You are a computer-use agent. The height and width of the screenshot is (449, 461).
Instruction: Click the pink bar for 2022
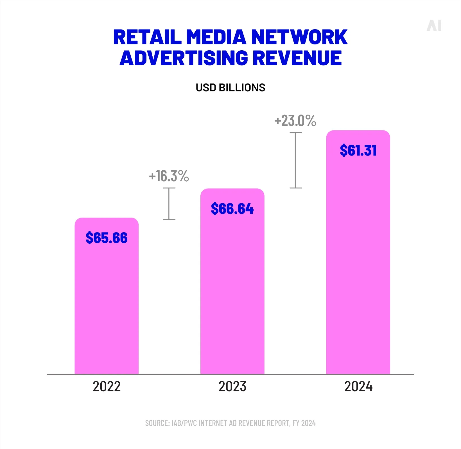point(107,304)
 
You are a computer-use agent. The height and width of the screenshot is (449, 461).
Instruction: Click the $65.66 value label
point(107,238)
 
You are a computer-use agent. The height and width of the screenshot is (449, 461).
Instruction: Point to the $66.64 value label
point(232,209)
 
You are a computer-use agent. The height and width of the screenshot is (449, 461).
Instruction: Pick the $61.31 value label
point(358,150)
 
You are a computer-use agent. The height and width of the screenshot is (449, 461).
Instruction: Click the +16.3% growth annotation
point(169,176)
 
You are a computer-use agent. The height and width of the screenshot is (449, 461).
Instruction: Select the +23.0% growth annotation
point(295,121)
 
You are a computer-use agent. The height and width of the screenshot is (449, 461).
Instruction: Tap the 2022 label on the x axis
point(107,387)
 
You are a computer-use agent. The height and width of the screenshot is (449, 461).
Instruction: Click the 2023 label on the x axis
point(232,387)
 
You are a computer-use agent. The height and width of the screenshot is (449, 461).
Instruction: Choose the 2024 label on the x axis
point(358,387)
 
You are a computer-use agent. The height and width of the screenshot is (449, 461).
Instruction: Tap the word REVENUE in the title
point(297,58)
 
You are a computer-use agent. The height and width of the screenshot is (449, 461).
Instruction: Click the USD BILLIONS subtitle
point(231,88)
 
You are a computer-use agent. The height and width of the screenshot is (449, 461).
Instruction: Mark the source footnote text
point(231,423)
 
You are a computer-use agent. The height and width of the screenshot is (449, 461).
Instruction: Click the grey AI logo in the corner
point(434,26)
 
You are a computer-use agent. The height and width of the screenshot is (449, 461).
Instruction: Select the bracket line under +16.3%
point(169,204)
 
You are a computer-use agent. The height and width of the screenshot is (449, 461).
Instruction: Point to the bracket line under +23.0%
point(295,160)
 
